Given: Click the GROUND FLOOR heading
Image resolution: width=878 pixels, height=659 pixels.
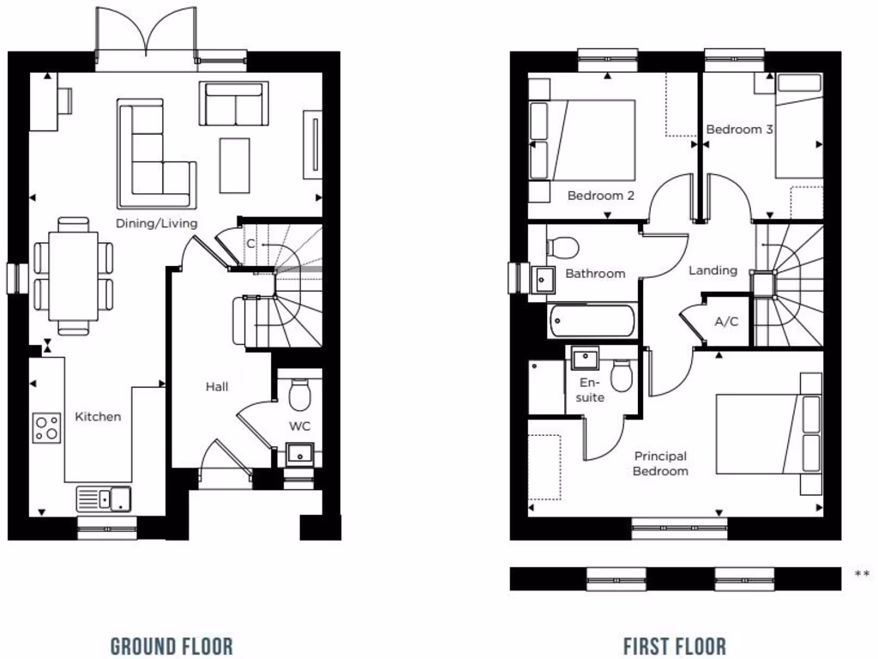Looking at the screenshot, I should (171, 645).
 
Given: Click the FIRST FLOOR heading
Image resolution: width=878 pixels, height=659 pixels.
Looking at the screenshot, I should (675, 645).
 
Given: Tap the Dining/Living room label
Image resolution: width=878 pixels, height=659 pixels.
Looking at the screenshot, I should (157, 223).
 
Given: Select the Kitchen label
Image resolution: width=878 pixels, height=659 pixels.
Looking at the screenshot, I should (99, 417).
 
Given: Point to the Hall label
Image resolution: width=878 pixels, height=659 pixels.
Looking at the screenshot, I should (217, 387).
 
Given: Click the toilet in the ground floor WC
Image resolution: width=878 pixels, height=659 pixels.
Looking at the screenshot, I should (299, 395).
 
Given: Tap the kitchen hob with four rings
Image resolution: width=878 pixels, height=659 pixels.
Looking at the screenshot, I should (47, 427).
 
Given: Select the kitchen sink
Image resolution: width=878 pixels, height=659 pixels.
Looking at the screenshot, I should (104, 498).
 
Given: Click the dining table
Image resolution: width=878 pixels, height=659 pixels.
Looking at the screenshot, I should (73, 276).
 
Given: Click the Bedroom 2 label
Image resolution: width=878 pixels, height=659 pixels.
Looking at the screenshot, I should (601, 196).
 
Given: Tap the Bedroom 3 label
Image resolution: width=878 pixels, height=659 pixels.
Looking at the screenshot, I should (739, 130).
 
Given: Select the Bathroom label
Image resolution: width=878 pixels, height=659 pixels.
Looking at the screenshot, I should (595, 274).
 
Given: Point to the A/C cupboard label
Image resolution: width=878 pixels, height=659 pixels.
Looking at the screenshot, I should (726, 322).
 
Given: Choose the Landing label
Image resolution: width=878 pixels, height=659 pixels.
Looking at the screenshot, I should (713, 270).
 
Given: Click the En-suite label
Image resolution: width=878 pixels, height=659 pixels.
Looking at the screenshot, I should (591, 390).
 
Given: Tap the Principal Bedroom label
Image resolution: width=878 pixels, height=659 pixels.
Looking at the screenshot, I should (660, 463).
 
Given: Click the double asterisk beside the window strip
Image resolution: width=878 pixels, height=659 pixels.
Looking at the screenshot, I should (862, 574).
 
